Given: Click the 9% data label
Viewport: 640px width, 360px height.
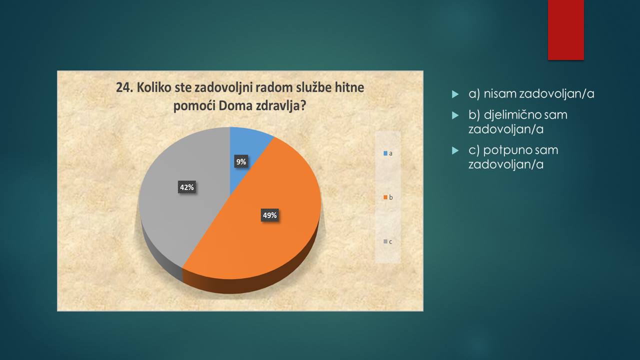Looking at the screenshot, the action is [x=241, y=161].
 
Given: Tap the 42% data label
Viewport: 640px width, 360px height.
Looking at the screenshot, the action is [x=187, y=187].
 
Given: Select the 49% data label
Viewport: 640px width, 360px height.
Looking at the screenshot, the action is [x=269, y=215].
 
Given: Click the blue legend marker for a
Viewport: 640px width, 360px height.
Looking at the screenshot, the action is [x=385, y=153].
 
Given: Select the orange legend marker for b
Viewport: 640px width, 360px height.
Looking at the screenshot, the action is [x=385, y=197].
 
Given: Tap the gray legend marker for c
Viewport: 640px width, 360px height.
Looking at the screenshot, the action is [x=385, y=241].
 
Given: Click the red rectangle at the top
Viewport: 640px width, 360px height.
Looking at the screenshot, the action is [x=565, y=30].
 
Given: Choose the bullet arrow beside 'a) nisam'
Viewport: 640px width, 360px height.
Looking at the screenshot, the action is [x=455, y=94].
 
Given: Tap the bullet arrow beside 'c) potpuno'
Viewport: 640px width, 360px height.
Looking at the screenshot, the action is [x=455, y=150].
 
